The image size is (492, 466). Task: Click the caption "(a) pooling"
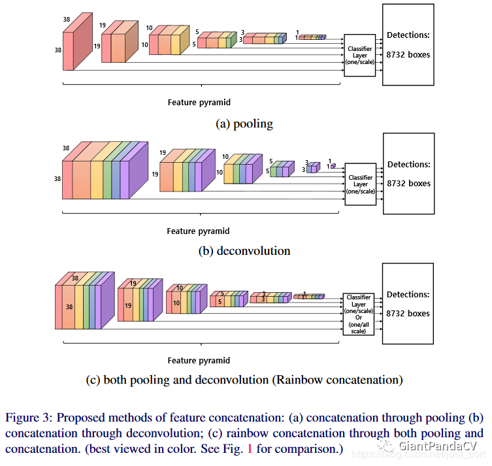click(x=244, y=124)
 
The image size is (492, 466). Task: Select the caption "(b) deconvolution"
click(x=244, y=251)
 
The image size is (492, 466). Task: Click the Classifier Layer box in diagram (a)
click(x=359, y=55)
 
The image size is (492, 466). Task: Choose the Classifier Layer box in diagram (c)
click(x=359, y=314)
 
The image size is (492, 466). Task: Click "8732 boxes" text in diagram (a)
click(x=408, y=54)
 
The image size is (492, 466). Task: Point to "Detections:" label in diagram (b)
click(x=408, y=165)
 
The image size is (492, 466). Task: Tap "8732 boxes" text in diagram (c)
click(x=408, y=314)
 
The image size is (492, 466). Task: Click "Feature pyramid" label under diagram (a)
click(x=199, y=103)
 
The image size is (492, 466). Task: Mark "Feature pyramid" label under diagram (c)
click(x=199, y=360)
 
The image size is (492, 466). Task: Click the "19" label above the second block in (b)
click(x=163, y=152)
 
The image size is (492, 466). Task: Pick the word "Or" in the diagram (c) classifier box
click(x=359, y=318)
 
